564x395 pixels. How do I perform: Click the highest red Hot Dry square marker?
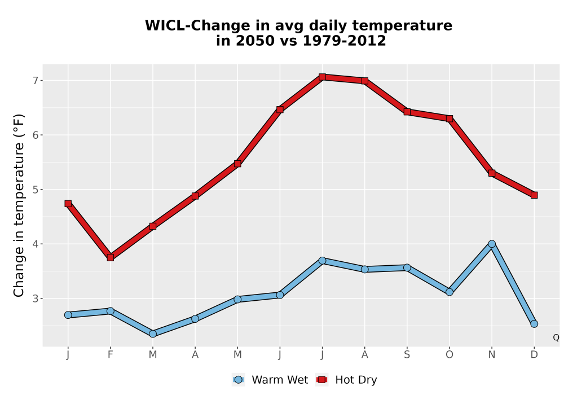pyautogui.click(x=322, y=77)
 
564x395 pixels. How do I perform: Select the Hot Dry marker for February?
pyautogui.click(x=111, y=257)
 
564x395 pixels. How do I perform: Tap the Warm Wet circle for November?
pyautogui.click(x=492, y=244)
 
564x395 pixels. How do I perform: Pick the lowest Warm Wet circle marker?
pyautogui.click(x=152, y=334)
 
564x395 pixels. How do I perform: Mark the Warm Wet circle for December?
pyautogui.click(x=534, y=324)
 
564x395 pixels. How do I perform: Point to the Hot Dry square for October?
pyautogui.click(x=450, y=118)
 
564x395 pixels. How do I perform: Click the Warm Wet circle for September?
pyautogui.click(x=407, y=267)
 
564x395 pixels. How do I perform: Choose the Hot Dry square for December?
pyautogui.click(x=534, y=195)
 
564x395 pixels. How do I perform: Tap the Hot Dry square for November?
pyautogui.click(x=492, y=173)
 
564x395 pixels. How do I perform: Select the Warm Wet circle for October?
pyautogui.click(x=450, y=292)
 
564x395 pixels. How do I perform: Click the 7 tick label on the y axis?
pyautogui.click(x=35, y=81)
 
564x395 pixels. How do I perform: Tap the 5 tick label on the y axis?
pyautogui.click(x=35, y=190)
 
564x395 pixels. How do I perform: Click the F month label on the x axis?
pyautogui.click(x=111, y=355)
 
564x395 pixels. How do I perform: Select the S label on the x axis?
pyautogui.click(x=407, y=355)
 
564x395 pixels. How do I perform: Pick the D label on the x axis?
pyautogui.click(x=534, y=355)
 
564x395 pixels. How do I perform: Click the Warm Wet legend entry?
pyautogui.click(x=270, y=380)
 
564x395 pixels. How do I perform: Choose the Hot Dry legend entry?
pyautogui.click(x=346, y=380)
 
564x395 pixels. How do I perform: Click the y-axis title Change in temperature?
pyautogui.click(x=19, y=205)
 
